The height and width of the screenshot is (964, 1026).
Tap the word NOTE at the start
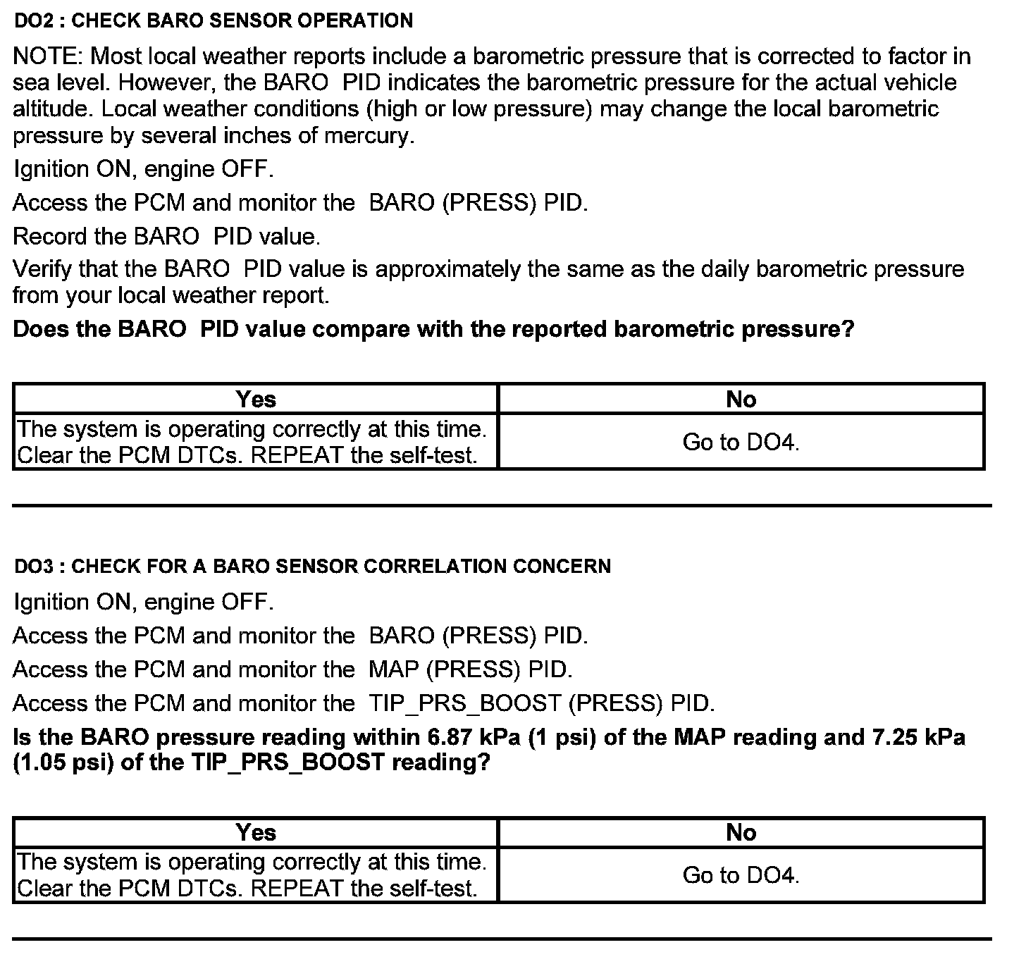[x=47, y=56]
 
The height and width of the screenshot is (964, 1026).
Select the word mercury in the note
[x=368, y=135]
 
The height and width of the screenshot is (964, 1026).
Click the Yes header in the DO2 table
[x=256, y=400]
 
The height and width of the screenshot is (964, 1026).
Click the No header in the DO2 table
[x=741, y=400]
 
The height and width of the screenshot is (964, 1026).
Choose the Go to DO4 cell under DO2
[x=741, y=443]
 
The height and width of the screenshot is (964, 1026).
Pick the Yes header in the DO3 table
[x=256, y=833]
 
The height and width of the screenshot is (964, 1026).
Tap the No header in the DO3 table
[x=741, y=833]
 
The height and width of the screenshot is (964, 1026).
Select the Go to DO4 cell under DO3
[x=741, y=876]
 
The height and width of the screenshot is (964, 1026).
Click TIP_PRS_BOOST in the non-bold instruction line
[x=464, y=703]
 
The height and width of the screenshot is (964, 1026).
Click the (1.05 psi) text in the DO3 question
[x=63, y=763]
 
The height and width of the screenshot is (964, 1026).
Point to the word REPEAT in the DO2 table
[x=297, y=456]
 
